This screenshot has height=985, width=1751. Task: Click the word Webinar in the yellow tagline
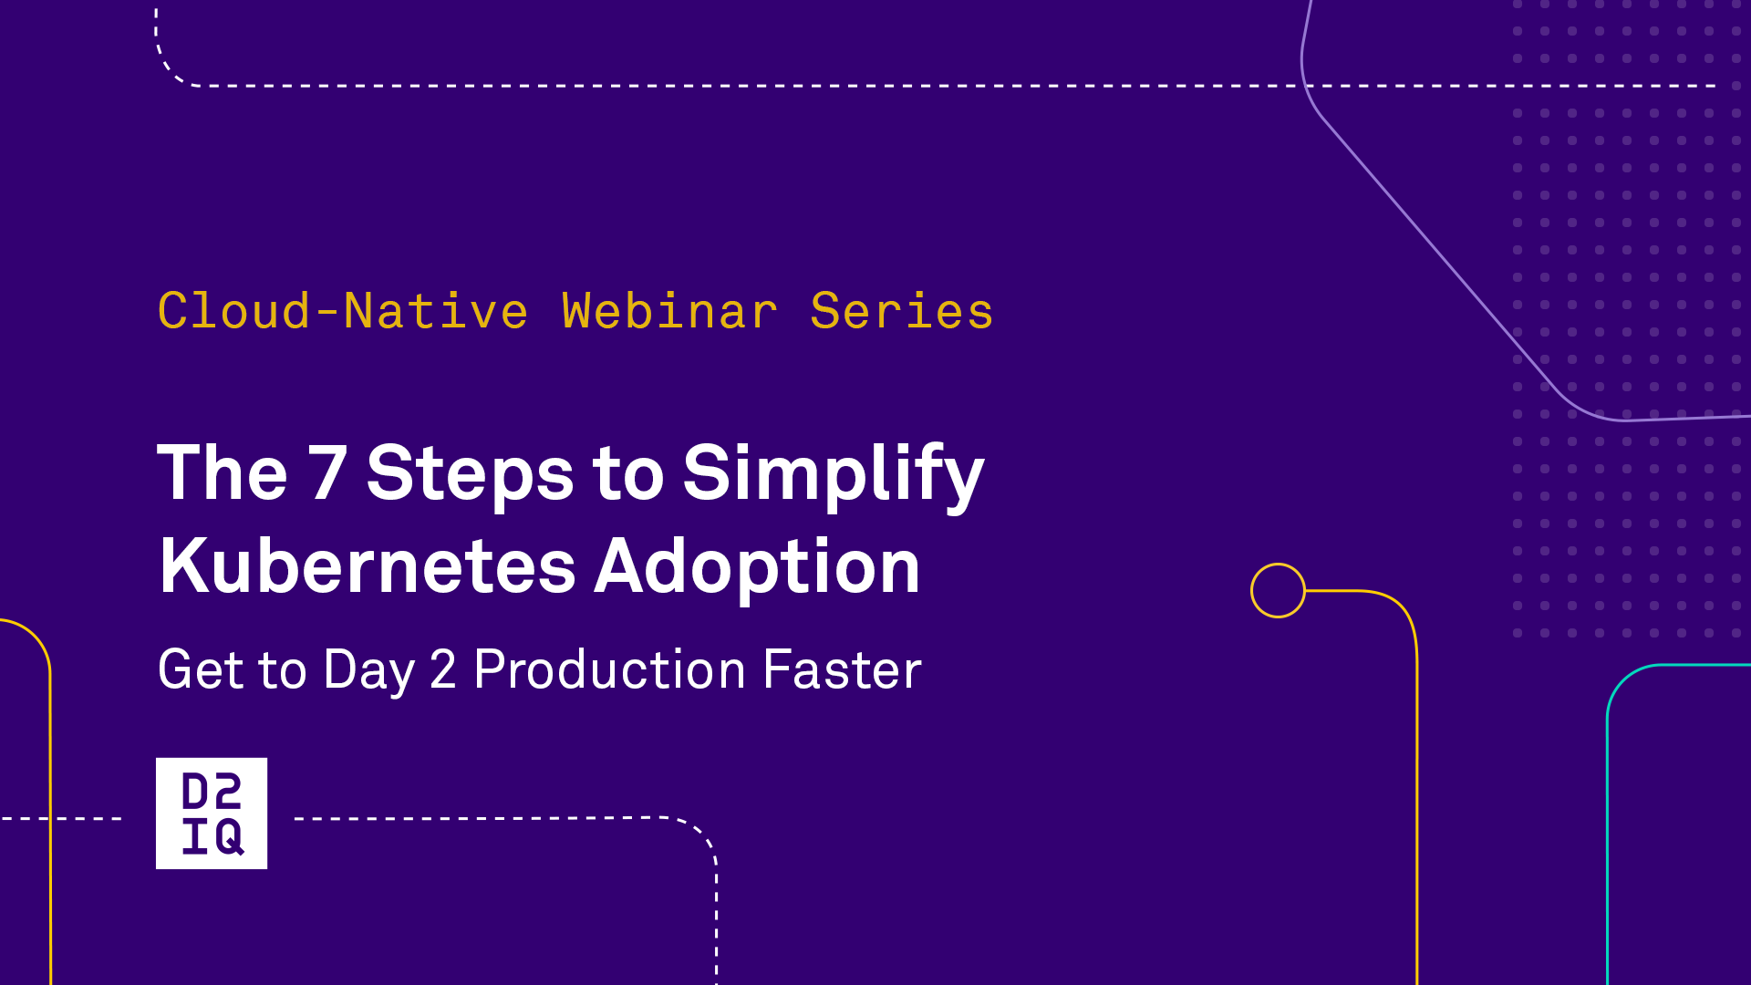coord(669,311)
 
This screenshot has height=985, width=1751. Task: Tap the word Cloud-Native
coord(343,311)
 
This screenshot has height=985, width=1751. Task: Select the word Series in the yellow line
coord(901,311)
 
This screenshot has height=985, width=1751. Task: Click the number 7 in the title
coord(327,472)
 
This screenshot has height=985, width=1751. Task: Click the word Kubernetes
coord(368,566)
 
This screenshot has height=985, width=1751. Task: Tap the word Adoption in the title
coord(758,568)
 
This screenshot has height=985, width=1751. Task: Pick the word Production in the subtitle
coord(609,669)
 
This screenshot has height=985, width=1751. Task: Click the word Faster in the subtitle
coord(842,669)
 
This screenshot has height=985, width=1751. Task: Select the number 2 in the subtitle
coord(443,669)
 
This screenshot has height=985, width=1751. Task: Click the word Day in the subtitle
coord(369,671)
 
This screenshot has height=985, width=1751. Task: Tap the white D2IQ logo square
coord(212,813)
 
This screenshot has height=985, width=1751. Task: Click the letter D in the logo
coord(196,791)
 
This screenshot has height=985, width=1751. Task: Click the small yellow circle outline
coord(1278,565)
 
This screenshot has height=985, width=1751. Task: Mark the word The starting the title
coord(223,472)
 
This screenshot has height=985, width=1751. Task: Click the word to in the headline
coord(628,475)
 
